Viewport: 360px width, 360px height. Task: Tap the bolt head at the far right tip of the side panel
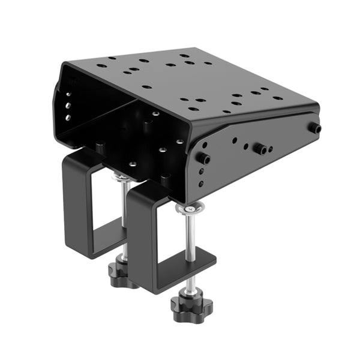(x=314, y=128)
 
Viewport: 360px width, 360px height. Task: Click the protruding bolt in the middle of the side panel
(x=260, y=148)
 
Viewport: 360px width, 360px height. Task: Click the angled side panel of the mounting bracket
(x=252, y=156)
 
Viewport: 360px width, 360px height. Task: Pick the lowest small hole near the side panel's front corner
(x=201, y=183)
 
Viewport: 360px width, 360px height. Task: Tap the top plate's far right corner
(x=317, y=108)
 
